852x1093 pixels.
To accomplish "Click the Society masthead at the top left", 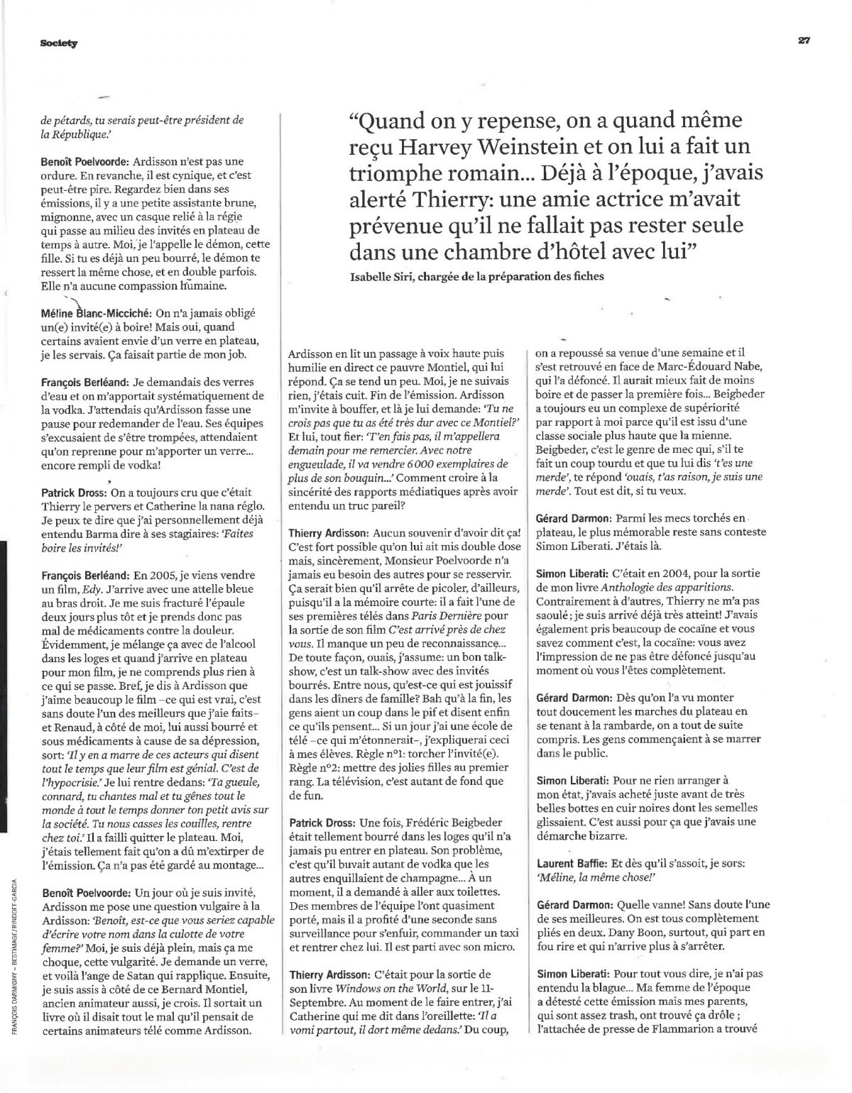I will (59, 43).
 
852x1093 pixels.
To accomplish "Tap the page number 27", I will (804, 40).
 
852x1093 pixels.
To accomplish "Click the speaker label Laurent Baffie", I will (569, 863).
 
